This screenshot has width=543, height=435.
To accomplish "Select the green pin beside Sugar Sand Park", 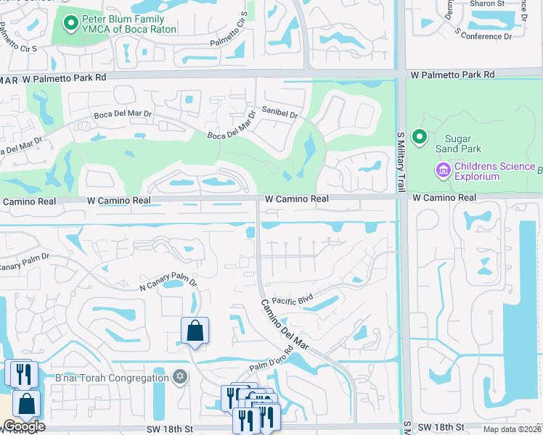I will (419, 136).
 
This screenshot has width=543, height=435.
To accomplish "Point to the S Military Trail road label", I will (400, 162).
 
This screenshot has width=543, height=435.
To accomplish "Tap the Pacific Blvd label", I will (292, 298).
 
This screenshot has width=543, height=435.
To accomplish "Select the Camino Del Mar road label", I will (285, 324).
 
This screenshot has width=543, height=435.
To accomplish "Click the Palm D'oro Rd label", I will (271, 360).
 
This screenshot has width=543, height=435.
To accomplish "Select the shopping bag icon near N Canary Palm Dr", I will (195, 331).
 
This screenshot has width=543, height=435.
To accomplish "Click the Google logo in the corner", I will (23, 426).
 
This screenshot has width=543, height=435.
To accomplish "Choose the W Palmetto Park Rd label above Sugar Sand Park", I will (452, 75).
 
